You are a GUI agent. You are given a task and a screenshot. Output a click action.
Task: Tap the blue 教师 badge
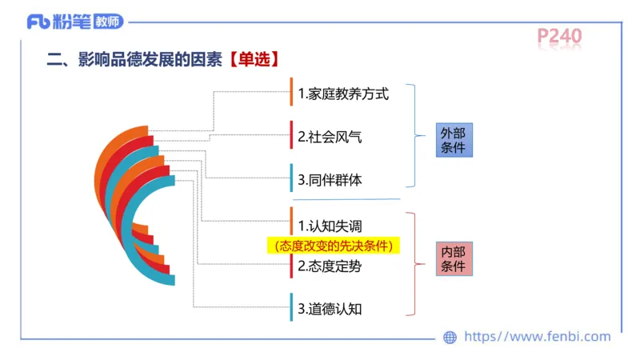tap(106, 22)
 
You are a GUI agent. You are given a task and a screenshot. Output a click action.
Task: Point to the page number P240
tap(559, 36)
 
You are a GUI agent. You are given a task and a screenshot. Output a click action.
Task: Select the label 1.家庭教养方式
tap(342, 94)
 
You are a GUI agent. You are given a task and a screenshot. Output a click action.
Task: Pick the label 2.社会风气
tap(330, 137)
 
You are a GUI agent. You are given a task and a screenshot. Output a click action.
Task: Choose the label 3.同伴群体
tap(330, 180)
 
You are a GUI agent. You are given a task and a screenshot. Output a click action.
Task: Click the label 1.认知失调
tap(330, 225)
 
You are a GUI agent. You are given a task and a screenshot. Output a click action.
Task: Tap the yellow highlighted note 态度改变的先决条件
tap(333, 246)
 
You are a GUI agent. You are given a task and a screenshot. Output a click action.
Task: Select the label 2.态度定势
tap(330, 266)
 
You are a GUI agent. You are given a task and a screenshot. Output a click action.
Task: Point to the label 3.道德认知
tap(330, 308)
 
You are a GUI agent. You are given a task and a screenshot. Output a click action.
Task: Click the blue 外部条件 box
tap(453, 140)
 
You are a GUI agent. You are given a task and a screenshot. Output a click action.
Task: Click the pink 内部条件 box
tap(453, 258)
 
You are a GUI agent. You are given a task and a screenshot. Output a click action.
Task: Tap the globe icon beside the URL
tap(450, 337)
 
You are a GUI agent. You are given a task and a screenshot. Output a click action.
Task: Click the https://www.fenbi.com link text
tap(537, 337)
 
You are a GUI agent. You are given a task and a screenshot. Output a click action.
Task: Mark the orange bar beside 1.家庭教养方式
tap(291, 92)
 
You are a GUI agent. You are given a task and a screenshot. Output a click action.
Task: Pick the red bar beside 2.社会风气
tap(291, 135)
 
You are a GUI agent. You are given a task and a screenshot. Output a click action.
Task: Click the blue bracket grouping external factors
tap(414, 136)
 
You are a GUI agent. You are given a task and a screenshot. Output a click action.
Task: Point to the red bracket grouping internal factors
tap(414, 264)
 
